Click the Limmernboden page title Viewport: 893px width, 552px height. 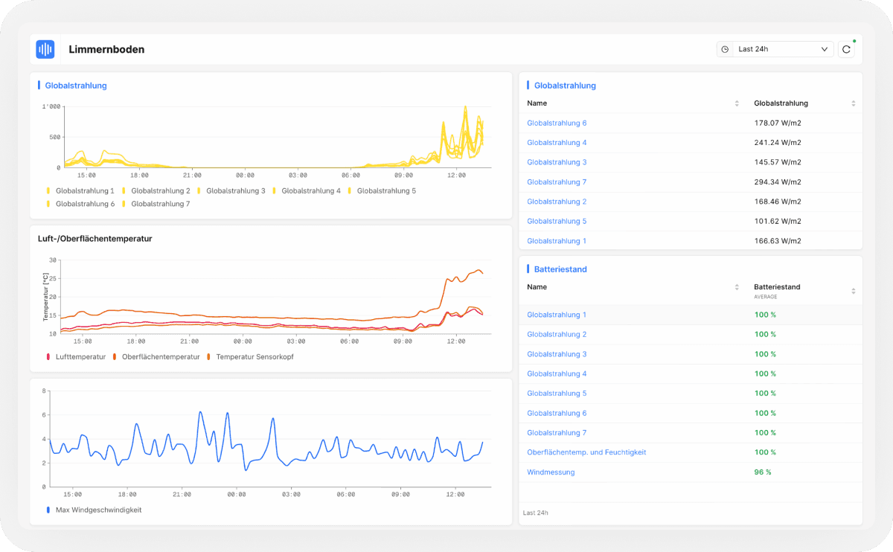[106, 49]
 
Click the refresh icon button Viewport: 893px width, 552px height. [846, 49]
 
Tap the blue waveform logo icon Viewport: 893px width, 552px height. [45, 49]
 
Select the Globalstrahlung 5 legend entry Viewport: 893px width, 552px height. [382, 191]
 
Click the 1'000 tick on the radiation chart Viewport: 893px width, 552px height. [51, 106]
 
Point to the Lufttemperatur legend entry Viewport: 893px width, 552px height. [76, 356]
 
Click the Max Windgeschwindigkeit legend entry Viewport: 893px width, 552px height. [94, 510]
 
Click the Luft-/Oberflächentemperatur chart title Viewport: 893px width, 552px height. [95, 239]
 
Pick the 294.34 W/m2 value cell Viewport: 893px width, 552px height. [778, 182]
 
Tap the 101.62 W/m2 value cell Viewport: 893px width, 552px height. [778, 221]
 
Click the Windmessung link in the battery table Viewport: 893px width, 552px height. [551, 472]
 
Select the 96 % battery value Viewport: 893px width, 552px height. [762, 472]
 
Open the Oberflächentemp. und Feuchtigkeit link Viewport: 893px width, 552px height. [586, 452]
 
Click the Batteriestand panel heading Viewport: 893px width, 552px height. [560, 269]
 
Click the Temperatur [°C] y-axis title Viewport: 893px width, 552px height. [45, 297]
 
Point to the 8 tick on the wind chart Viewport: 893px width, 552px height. [44, 391]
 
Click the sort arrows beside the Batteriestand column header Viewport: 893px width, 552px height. [853, 291]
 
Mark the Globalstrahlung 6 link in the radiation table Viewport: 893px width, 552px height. [557, 123]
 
